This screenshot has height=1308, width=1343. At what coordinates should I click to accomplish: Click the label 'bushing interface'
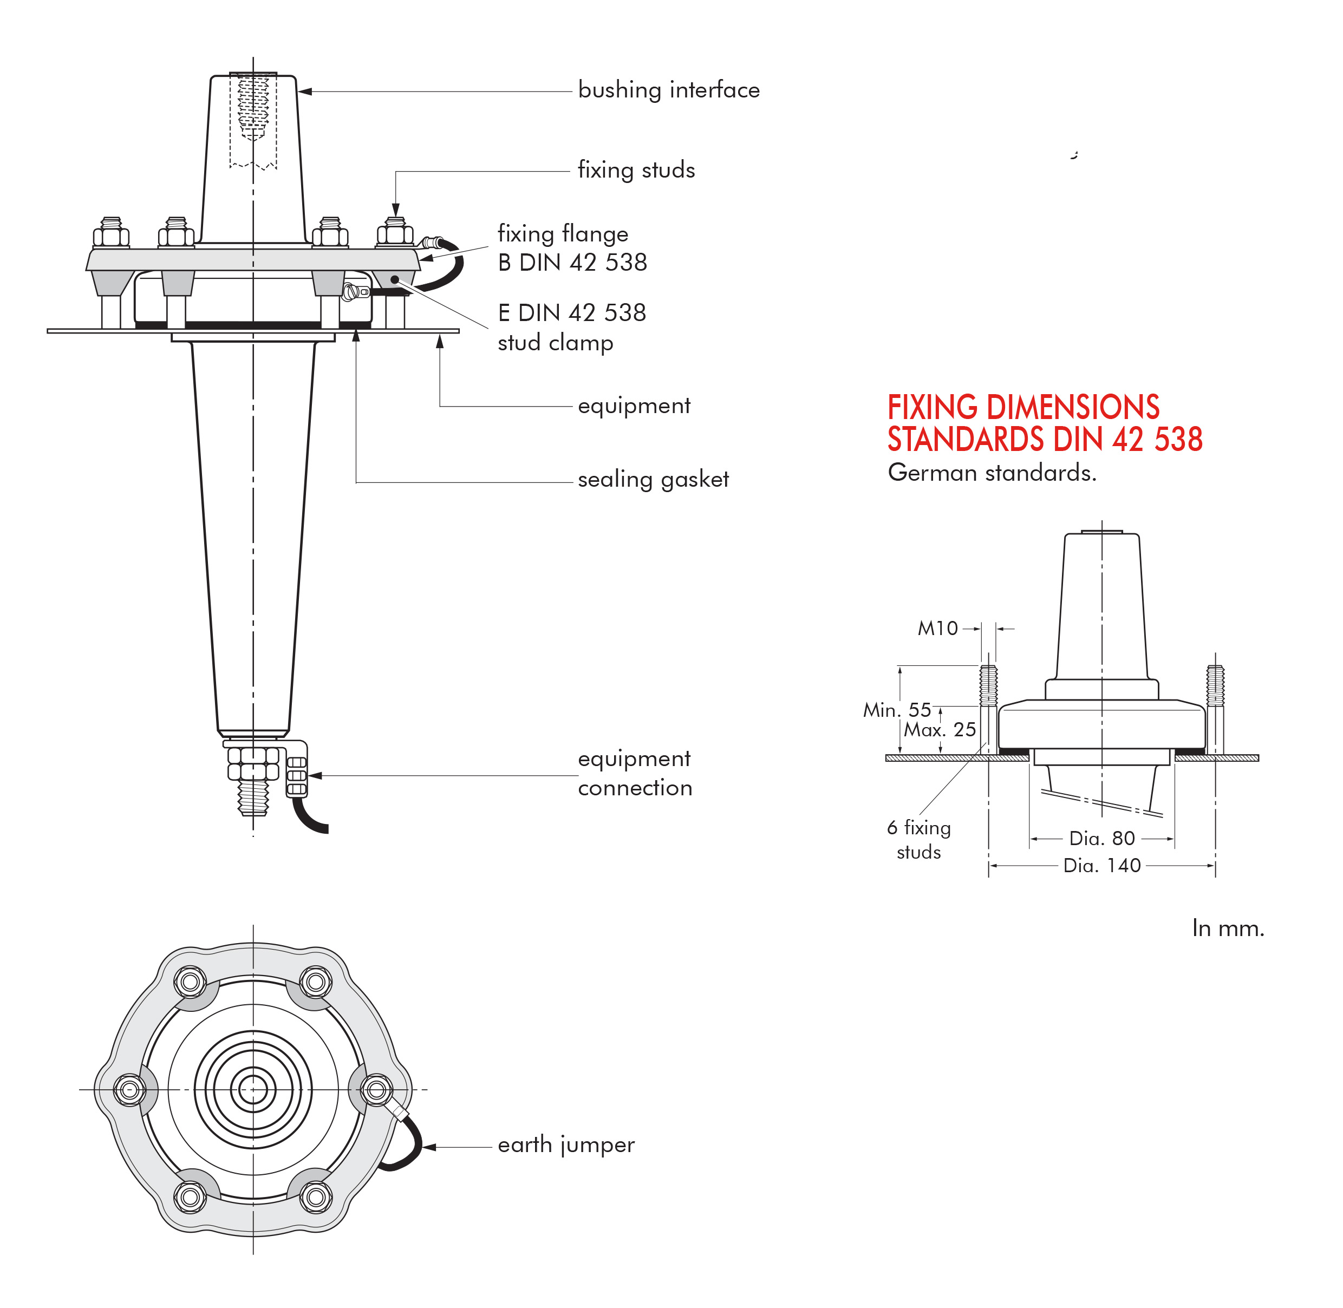pyautogui.click(x=668, y=90)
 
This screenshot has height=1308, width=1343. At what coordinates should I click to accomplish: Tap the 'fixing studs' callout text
pyautogui.click(x=636, y=169)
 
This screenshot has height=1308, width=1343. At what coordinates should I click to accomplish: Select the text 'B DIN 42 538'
pyautogui.click(x=572, y=263)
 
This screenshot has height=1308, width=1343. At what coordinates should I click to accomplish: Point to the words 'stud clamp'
pyautogui.click(x=555, y=342)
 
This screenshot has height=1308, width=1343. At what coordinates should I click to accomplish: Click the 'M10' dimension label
pyautogui.click(x=937, y=628)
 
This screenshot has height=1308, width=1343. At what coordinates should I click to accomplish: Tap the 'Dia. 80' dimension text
pyautogui.click(x=1102, y=838)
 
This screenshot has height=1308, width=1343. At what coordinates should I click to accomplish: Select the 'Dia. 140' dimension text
pyautogui.click(x=1102, y=866)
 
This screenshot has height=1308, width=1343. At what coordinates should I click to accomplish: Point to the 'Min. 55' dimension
pyautogui.click(x=896, y=710)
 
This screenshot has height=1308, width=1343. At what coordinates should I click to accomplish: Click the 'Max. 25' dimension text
pyautogui.click(x=939, y=730)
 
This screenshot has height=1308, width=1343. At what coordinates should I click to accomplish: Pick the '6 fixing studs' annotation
pyautogui.click(x=918, y=840)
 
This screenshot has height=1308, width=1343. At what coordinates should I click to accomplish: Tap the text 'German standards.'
pyautogui.click(x=991, y=473)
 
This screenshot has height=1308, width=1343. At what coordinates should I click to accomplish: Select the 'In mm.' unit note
pyautogui.click(x=1228, y=929)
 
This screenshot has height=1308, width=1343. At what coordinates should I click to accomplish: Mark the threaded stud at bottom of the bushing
pyautogui.click(x=253, y=797)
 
